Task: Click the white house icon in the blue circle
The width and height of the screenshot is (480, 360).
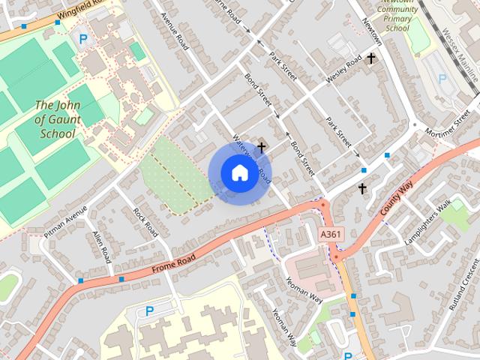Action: (x=238, y=172)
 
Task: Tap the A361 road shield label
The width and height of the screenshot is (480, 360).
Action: (x=330, y=235)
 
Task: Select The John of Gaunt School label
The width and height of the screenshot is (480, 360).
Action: (x=55, y=119)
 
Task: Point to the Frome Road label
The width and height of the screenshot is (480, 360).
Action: (x=173, y=263)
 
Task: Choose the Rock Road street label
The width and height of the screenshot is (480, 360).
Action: (x=145, y=220)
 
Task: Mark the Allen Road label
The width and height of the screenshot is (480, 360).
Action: (x=101, y=247)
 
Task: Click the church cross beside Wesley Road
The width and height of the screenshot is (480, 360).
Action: (x=370, y=57)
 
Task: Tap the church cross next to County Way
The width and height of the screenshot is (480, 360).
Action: (x=362, y=188)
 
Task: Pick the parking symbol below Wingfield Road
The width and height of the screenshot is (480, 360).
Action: (x=83, y=39)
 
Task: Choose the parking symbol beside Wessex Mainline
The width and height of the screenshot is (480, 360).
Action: (x=442, y=78)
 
